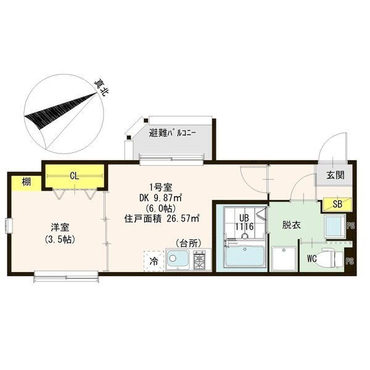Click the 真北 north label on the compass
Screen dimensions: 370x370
101,87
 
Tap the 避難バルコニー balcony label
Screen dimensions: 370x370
173,133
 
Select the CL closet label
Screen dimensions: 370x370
75,176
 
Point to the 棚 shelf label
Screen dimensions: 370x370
26,182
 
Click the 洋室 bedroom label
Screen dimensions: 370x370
60,228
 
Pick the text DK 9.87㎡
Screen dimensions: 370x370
160,198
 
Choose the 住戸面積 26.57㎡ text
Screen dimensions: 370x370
162,219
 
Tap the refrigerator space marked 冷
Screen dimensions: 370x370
154,261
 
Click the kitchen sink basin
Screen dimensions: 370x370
178,260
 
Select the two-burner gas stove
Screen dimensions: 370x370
199,260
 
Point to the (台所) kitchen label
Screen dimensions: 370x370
188,243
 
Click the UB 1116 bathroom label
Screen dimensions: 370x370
244,222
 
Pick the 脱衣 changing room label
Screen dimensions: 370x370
292,225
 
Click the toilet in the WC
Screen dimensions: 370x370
329,259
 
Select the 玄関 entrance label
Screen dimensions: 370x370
335,175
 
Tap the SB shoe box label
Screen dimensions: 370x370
337,204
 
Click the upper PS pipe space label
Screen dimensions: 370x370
350,226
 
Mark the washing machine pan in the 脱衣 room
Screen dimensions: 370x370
284,258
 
